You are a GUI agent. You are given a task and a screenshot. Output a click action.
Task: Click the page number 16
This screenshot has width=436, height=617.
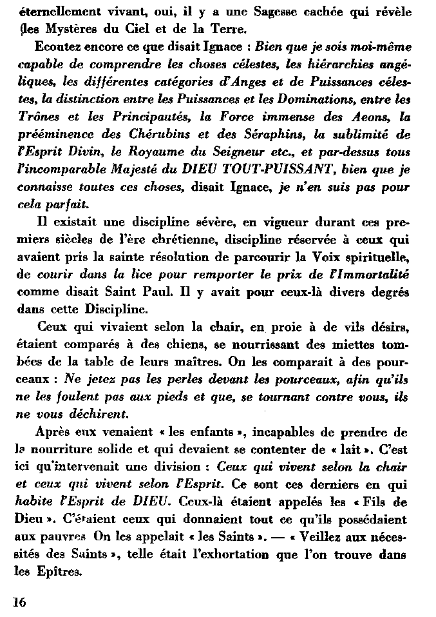point(18,602)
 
